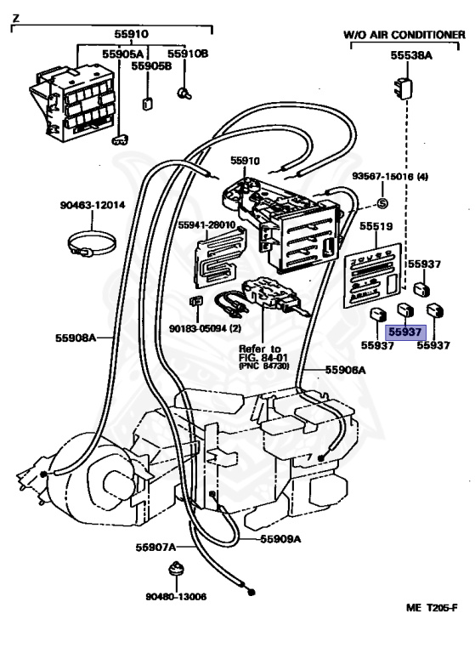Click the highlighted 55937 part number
tap(405, 332)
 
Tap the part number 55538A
tap(411, 55)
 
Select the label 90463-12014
tap(93, 205)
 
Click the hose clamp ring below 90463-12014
tap(92, 244)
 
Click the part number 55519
tap(376, 226)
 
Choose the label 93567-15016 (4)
tap(390, 177)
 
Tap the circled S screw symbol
tap(382, 204)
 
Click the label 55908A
tap(76, 338)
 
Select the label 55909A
tap(280, 539)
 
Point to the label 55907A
tap(156, 547)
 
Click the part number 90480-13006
tap(176, 597)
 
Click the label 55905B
tap(151, 65)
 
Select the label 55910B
tap(188, 54)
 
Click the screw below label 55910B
tap(184, 94)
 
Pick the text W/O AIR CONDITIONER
tap(404, 35)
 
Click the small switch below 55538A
tap(403, 88)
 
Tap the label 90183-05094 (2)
tap(205, 328)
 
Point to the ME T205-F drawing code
tap(433, 608)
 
